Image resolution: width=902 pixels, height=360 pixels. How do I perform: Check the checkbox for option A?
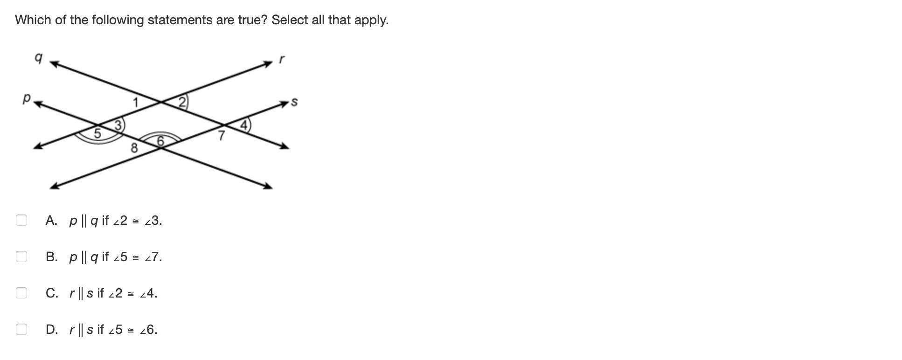pos(21,220)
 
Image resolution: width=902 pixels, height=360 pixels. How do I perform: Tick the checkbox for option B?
pos(21,256)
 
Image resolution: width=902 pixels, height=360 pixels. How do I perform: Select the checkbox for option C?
pos(21,293)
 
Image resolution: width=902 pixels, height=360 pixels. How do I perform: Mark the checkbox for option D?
pos(21,329)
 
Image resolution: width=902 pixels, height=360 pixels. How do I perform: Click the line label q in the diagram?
pos(39,58)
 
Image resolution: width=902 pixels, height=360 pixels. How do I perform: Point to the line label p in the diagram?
pos(27,98)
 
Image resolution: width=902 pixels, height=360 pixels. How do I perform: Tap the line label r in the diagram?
pos(281,59)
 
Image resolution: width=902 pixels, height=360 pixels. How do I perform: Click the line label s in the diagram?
pos(294,102)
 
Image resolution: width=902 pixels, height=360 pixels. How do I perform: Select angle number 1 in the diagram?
pos(136,102)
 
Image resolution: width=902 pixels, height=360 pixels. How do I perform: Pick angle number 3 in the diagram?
pos(118,125)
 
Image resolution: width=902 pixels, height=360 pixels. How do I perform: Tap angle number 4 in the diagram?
pos(244,125)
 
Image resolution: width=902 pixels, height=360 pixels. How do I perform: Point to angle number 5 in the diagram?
pos(97,133)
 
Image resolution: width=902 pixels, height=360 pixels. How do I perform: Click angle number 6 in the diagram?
pos(160,141)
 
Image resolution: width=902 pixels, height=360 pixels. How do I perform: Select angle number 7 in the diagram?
pos(222,136)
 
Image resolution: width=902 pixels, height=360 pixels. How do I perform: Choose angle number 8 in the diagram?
pos(134,148)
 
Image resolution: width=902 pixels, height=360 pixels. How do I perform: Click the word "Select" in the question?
pos(289,20)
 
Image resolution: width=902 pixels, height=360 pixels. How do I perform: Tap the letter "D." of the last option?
pos(52,330)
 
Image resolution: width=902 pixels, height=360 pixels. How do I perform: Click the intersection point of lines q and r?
pos(161,101)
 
